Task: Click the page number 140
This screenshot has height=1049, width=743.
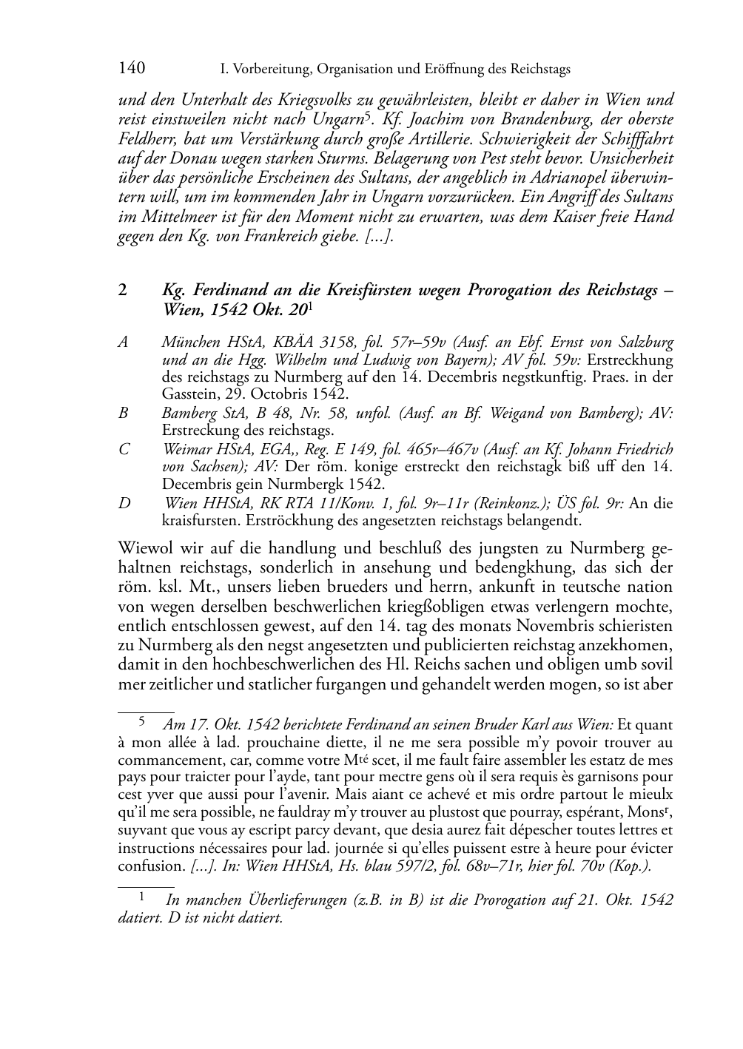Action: [x=131, y=69]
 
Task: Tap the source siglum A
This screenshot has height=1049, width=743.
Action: [x=123, y=343]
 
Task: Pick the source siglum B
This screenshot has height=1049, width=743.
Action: [x=123, y=414]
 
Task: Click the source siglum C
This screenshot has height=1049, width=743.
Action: [x=123, y=450]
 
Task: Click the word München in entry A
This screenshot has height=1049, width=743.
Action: [x=189, y=343]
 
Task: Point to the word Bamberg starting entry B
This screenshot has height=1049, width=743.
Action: [x=188, y=414]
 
